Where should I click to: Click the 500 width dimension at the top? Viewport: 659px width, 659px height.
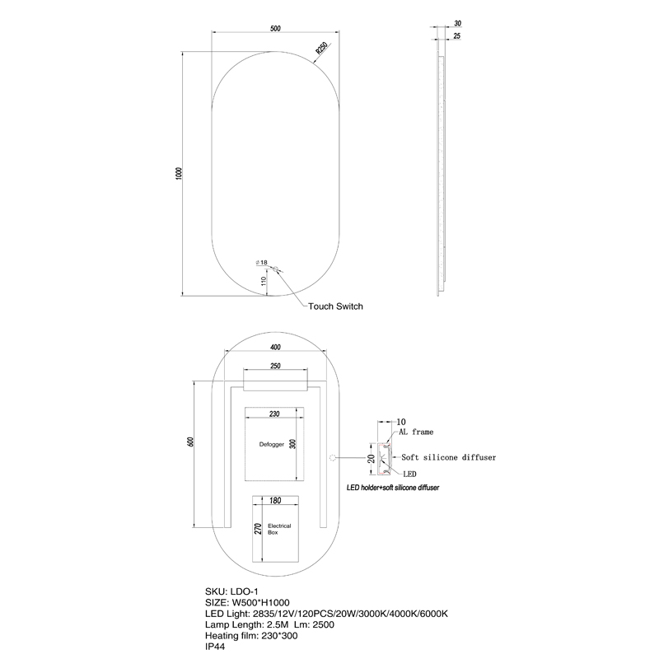(x=275, y=29)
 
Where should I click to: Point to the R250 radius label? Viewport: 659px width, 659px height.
(x=322, y=49)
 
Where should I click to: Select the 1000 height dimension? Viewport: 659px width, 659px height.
(x=178, y=173)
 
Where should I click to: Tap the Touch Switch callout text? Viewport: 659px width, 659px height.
(x=335, y=306)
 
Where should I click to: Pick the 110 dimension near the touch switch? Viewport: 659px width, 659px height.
(x=264, y=281)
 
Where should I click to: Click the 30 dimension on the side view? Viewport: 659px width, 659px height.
(x=457, y=24)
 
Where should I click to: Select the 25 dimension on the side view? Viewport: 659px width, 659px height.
(x=457, y=36)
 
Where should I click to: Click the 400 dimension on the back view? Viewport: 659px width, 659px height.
(x=275, y=347)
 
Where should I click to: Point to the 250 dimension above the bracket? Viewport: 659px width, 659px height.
(x=275, y=366)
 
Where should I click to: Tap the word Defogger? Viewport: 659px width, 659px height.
(x=271, y=444)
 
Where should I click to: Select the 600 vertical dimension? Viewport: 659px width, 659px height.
(x=190, y=442)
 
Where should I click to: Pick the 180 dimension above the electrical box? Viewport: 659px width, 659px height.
(x=275, y=500)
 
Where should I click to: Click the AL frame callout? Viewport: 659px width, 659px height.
(x=417, y=431)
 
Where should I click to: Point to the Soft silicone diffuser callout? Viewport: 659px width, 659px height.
(x=448, y=456)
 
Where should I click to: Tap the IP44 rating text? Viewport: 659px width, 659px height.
(x=216, y=648)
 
